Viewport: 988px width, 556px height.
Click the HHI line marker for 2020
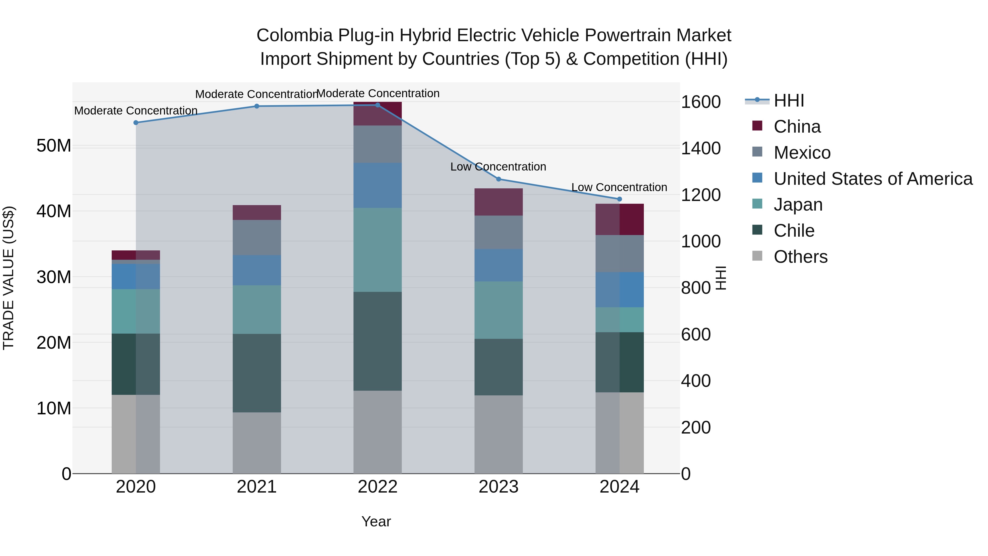point(136,123)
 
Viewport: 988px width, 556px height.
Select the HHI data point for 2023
point(499,179)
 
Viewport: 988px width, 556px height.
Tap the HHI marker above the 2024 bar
point(619,199)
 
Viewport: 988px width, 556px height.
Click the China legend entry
point(797,127)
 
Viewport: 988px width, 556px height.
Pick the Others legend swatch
point(757,256)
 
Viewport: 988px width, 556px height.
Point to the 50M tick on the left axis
point(54,146)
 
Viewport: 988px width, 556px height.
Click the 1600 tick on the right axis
point(701,102)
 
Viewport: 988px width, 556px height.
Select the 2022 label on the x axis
point(377,487)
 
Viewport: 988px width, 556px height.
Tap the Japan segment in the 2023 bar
point(499,310)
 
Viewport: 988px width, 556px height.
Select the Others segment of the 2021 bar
point(257,443)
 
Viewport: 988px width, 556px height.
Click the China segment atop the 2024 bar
point(619,219)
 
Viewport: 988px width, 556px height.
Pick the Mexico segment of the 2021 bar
point(257,238)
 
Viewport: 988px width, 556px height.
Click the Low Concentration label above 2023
point(498,167)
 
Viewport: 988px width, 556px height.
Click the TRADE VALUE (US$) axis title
point(9,278)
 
